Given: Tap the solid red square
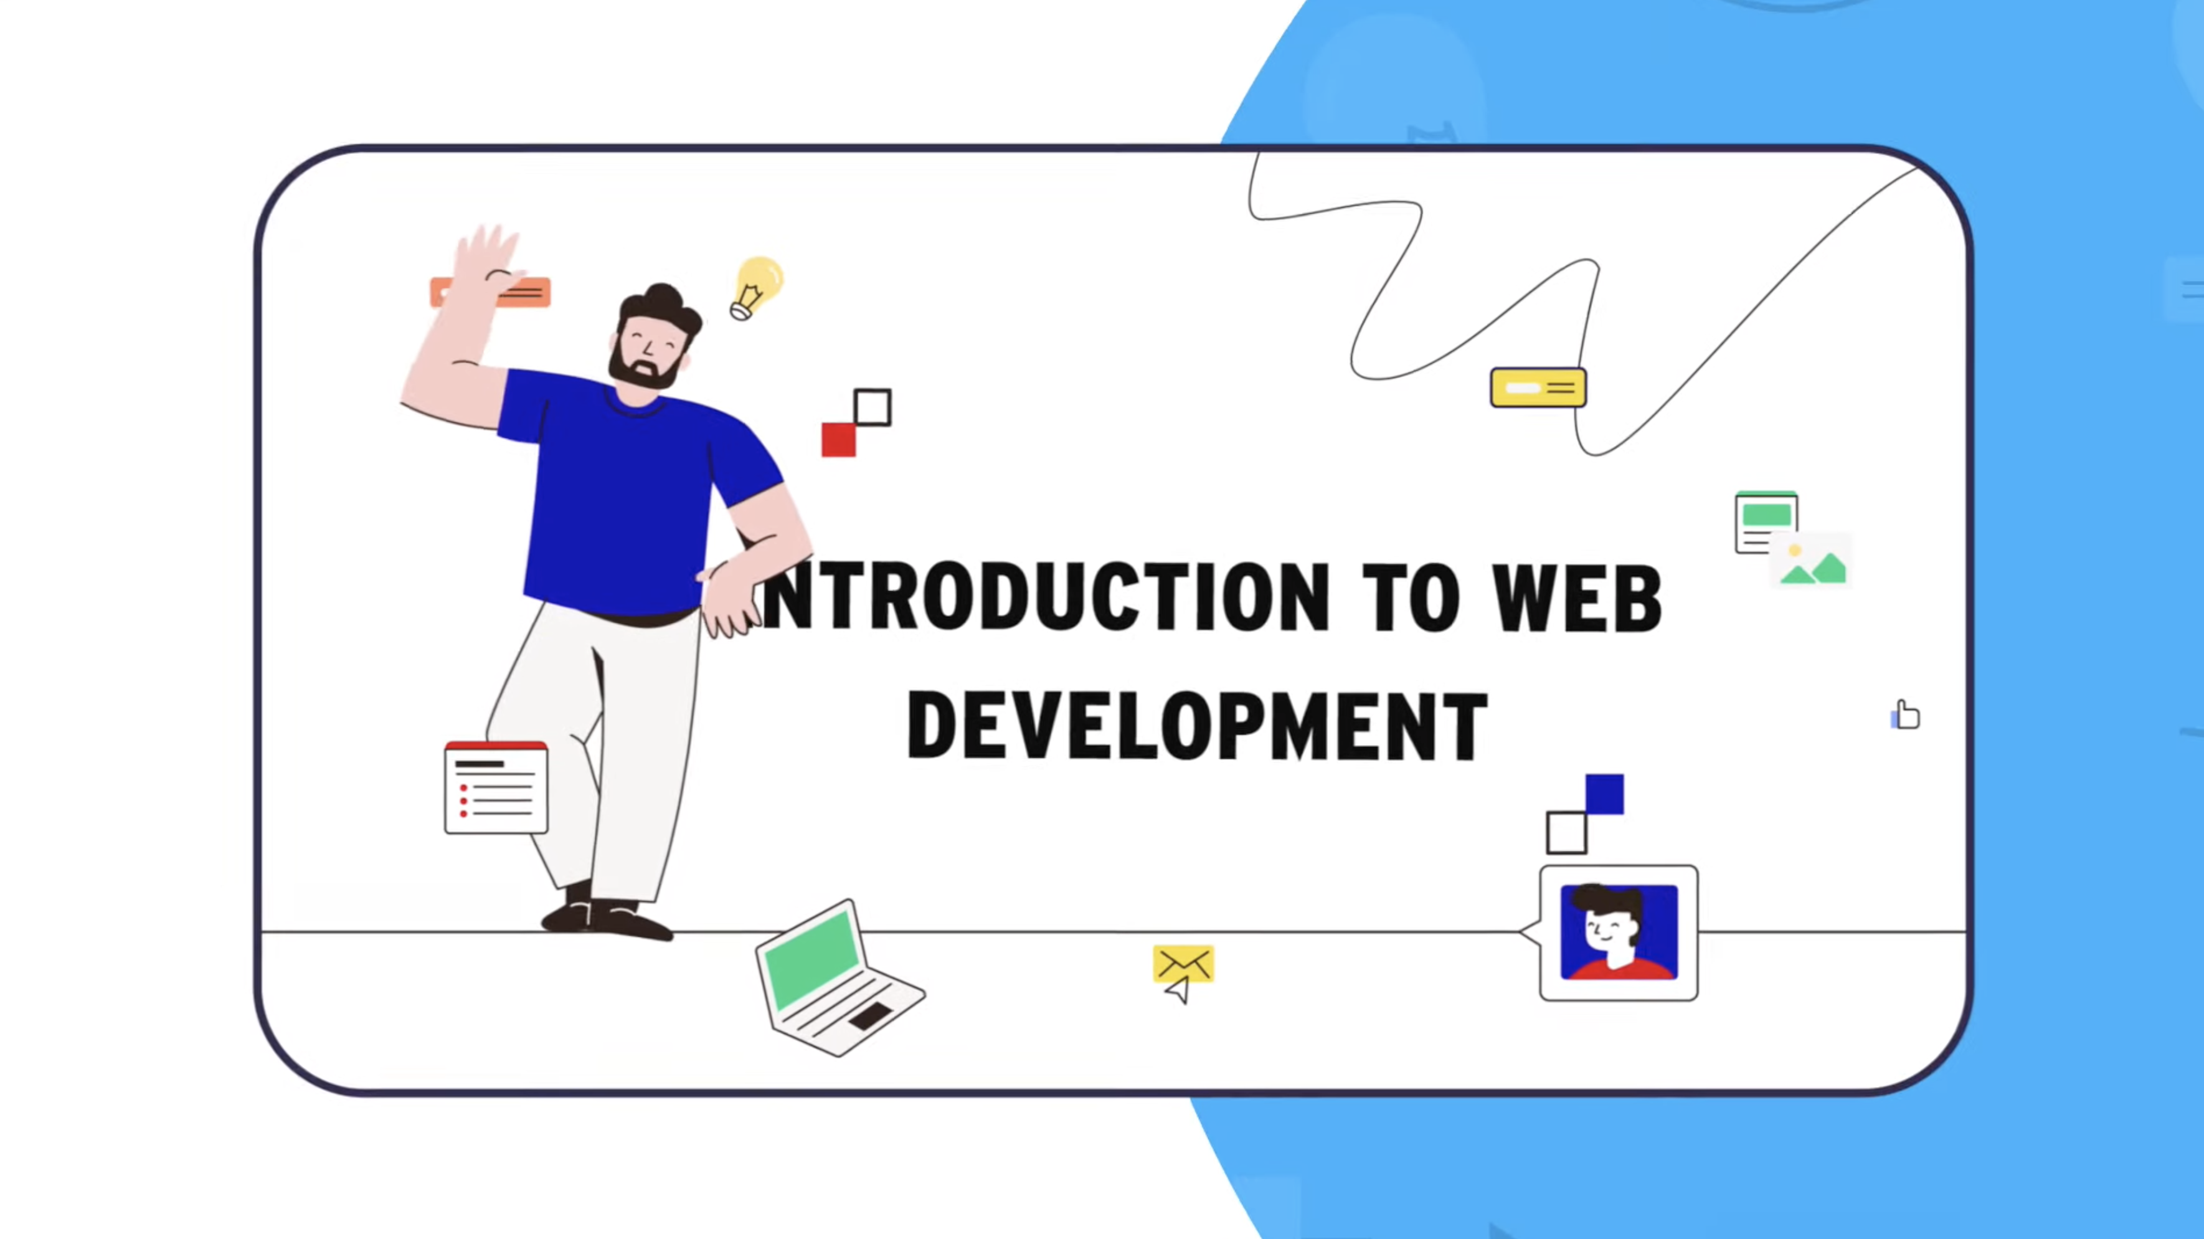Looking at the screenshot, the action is (838, 440).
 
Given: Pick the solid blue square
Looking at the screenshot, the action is (1604, 794).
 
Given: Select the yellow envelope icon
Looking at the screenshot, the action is (1183, 964).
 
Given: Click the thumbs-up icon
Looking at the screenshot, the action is (1906, 714).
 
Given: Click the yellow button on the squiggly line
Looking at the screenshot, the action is (1538, 387).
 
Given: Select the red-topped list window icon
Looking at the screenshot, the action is (496, 787).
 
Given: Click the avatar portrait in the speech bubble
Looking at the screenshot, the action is (1619, 932).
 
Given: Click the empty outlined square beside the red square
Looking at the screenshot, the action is (873, 407).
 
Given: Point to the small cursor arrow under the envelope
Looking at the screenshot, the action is (1179, 992).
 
